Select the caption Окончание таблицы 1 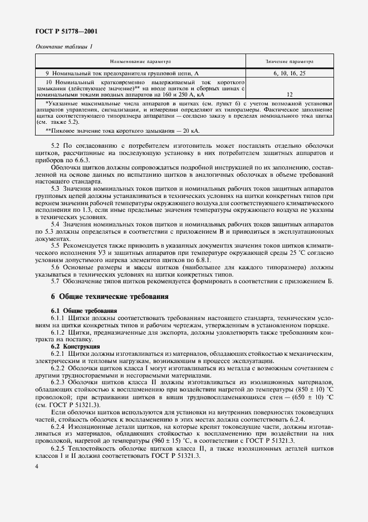64,47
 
